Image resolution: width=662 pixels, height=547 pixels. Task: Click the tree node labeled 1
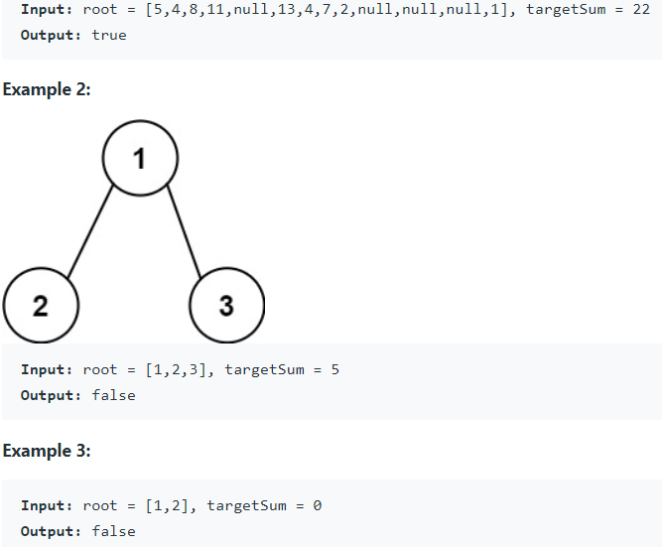140,158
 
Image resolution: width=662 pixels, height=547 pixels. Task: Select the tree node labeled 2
41,305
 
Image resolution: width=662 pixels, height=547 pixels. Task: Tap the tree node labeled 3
226,305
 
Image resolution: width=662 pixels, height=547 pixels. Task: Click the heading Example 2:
47,89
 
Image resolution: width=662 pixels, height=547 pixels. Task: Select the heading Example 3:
47,451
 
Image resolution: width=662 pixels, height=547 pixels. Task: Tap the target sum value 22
640,8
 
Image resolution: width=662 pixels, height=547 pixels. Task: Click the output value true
109,34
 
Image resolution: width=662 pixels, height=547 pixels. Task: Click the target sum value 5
334,369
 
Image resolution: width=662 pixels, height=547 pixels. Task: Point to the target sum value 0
317,505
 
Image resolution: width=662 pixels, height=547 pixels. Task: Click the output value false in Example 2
113,395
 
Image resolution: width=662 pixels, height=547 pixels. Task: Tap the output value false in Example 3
113,531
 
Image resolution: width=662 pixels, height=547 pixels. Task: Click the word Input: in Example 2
47,369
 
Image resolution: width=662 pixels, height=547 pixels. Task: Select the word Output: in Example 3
51,531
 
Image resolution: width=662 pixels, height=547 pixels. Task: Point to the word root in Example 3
100,505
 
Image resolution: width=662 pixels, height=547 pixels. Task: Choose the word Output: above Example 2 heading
51,34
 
